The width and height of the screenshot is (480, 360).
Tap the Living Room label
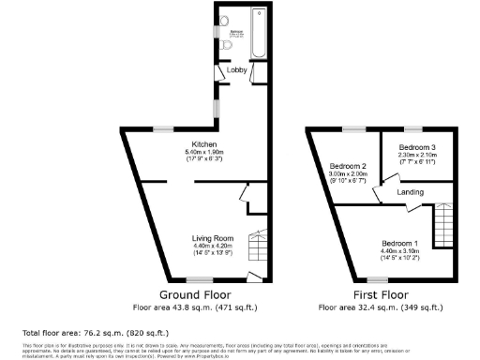coord(212,238)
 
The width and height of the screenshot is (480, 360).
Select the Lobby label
coord(237,68)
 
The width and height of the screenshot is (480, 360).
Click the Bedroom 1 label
coord(401,244)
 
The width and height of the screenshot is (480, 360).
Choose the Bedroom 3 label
coord(416,148)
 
